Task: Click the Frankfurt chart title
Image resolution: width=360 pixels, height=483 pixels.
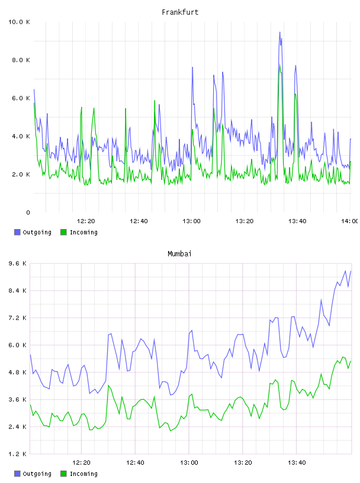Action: (180, 12)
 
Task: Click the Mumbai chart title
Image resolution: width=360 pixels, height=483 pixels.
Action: (179, 253)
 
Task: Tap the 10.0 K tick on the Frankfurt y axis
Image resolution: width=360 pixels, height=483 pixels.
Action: (19, 22)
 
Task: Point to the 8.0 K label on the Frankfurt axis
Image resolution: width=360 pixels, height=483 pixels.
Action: (21, 60)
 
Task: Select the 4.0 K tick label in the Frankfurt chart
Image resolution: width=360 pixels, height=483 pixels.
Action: (21, 136)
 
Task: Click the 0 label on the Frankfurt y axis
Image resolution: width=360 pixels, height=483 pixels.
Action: (28, 212)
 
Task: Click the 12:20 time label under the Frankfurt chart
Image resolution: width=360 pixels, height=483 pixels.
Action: (86, 221)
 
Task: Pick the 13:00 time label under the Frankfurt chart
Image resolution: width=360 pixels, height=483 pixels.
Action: (191, 221)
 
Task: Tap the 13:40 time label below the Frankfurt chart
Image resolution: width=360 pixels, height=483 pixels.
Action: (297, 221)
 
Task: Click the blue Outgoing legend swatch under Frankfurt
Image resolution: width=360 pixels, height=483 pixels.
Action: (17, 232)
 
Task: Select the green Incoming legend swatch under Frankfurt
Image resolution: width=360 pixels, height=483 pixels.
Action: (63, 232)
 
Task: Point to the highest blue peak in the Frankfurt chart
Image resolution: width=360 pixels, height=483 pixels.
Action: (279, 32)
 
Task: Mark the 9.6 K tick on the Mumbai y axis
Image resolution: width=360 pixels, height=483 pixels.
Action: (17, 263)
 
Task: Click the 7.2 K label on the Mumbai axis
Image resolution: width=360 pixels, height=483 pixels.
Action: (17, 318)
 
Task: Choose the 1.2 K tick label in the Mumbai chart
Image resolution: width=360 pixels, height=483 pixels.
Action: (17, 454)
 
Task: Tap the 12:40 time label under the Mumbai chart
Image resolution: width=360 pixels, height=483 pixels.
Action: (135, 462)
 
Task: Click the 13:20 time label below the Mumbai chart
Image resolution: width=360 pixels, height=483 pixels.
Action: (243, 462)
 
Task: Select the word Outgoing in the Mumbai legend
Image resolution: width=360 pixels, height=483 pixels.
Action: (37, 474)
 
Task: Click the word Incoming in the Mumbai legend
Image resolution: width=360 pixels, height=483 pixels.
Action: (83, 474)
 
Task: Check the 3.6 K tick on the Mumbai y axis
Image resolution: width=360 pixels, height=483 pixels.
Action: (17, 400)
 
